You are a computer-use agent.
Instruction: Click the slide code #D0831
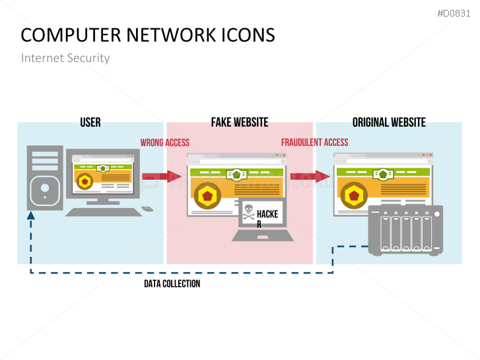(x=455, y=13)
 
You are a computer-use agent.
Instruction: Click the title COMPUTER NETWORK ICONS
(x=148, y=35)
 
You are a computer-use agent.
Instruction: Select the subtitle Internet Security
(x=65, y=58)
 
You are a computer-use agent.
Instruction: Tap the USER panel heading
(x=90, y=122)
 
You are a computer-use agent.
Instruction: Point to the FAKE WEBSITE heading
(x=240, y=122)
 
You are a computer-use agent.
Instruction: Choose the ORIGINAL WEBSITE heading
(x=389, y=122)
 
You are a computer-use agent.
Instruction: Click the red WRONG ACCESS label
(x=164, y=143)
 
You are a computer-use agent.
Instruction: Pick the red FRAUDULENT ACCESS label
(x=314, y=143)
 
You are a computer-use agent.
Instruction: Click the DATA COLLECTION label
(x=172, y=284)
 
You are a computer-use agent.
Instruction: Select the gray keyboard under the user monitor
(x=103, y=211)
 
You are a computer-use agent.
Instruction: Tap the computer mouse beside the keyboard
(x=147, y=209)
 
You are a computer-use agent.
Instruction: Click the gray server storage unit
(x=405, y=230)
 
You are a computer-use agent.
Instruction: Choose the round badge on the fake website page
(x=207, y=196)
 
